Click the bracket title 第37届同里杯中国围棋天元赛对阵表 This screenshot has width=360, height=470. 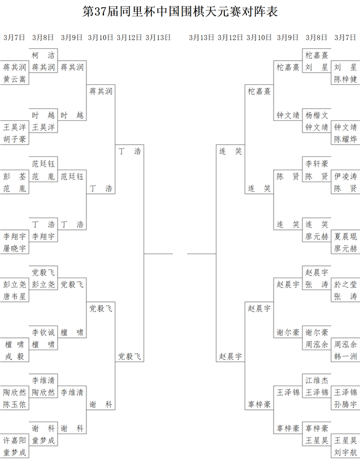pos(180,11)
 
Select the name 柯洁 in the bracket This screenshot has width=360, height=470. pos(44,55)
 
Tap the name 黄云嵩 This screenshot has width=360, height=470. pos(14,79)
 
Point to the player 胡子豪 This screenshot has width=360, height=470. pos(14,139)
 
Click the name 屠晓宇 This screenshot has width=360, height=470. pos(14,248)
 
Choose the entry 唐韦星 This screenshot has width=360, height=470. pos(14,296)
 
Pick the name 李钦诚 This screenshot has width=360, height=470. pos(44,332)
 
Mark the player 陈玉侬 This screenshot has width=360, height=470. pos(14,404)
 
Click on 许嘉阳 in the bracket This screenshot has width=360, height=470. pos(14,440)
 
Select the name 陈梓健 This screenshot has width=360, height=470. pos(346,79)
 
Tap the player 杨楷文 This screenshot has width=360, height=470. pos(317,115)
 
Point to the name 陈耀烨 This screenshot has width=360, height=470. pos(346,139)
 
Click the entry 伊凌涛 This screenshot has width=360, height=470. pos(346,176)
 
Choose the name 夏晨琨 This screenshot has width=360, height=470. pos(346,237)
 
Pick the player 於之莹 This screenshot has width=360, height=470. pos(346,284)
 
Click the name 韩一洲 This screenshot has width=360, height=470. pos(346,356)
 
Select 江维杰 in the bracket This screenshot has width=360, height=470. pos(317,381)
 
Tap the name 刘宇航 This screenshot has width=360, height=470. pos(346,453)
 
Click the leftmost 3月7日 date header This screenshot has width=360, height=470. pos(14,38)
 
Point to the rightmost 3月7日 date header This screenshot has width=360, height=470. pos(345,38)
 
